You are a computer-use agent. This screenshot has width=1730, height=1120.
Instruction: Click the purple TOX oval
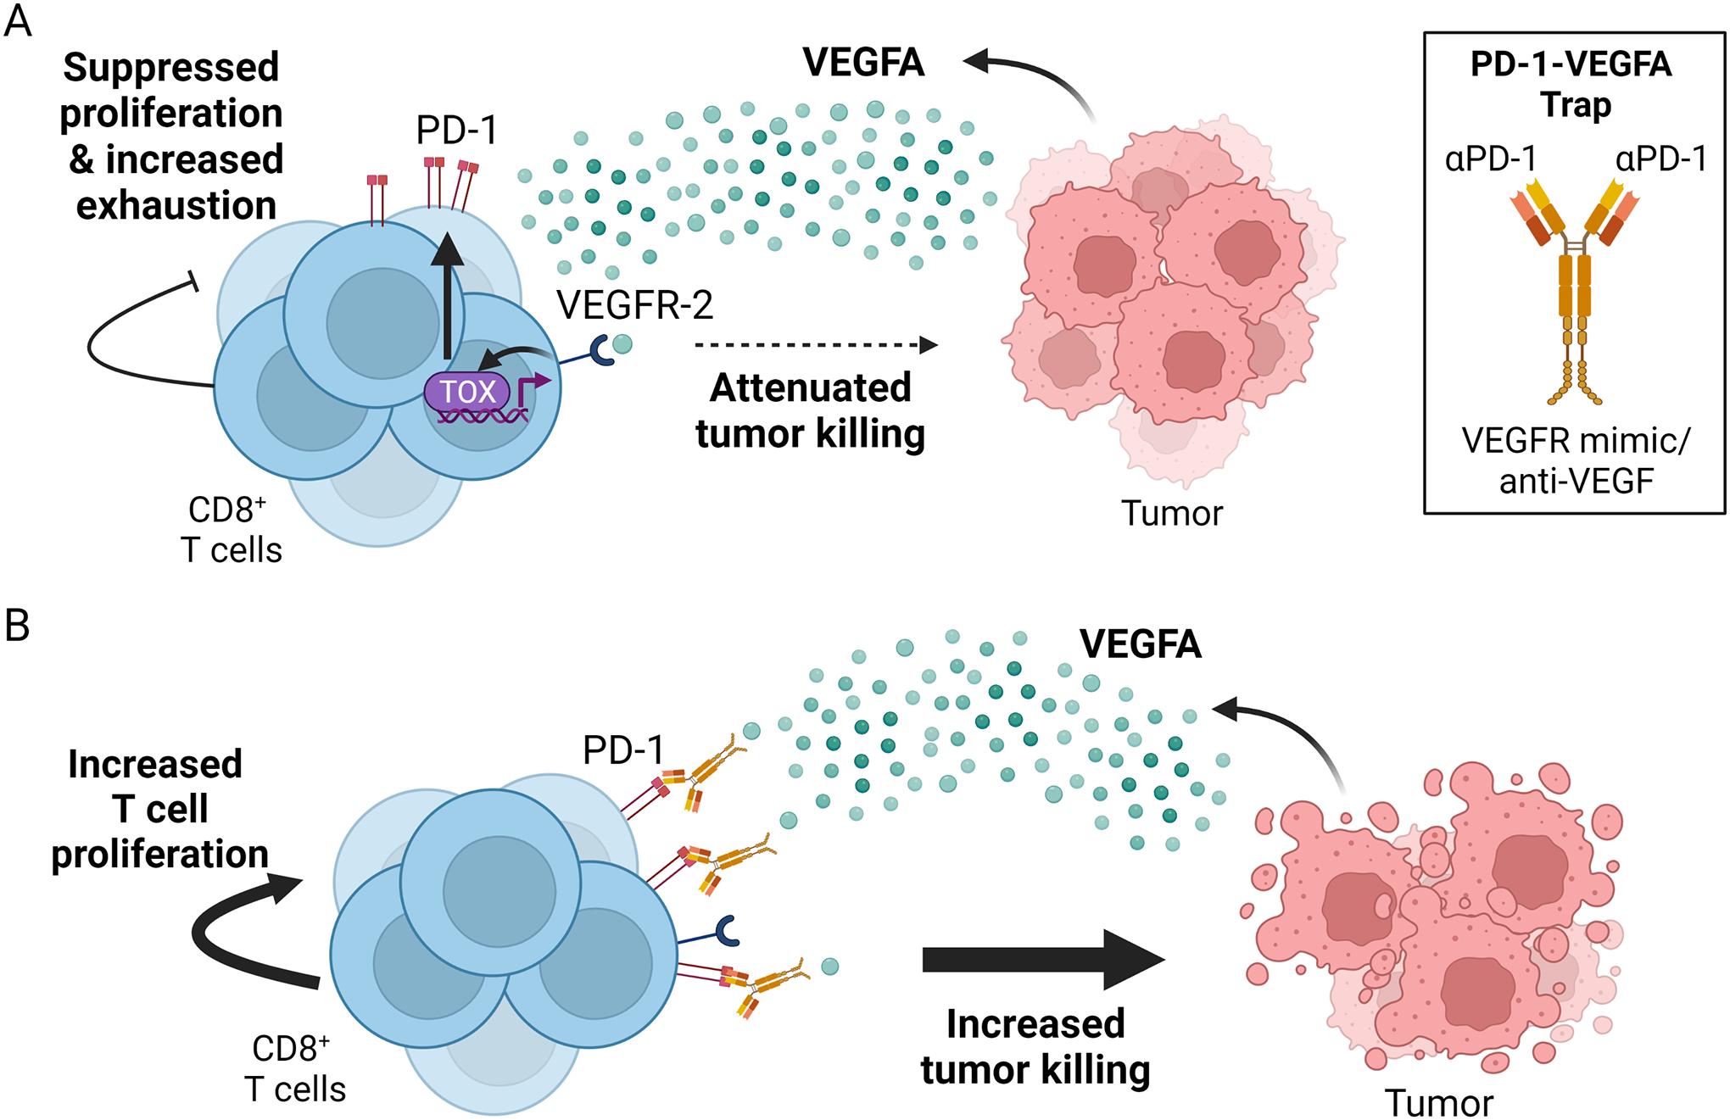(x=467, y=393)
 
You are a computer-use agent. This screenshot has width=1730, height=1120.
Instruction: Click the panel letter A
(x=19, y=21)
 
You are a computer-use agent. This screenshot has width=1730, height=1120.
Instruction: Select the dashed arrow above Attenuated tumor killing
(x=814, y=345)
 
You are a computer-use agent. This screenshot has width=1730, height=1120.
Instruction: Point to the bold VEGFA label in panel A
(x=863, y=64)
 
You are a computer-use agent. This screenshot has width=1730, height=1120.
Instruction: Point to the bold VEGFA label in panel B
(x=1141, y=645)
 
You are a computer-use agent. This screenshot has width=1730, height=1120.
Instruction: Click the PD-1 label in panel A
(x=456, y=131)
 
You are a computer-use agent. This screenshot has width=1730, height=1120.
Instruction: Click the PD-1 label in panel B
(x=623, y=749)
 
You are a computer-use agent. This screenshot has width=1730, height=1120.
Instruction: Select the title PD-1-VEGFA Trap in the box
(x=1571, y=85)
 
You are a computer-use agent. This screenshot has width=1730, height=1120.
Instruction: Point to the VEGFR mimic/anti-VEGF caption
(x=1576, y=460)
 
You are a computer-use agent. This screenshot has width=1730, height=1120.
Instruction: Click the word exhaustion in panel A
(x=176, y=206)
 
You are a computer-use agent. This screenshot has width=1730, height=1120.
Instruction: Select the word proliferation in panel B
(x=160, y=854)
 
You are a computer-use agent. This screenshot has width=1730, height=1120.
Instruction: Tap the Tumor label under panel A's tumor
(x=1172, y=513)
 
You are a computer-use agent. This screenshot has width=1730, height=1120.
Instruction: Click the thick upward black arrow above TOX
(x=448, y=297)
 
